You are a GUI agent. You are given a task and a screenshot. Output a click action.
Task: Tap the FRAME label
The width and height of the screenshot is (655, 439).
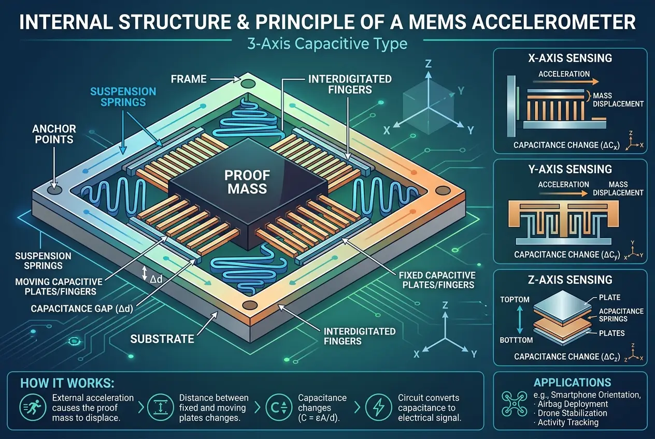pos(189,79)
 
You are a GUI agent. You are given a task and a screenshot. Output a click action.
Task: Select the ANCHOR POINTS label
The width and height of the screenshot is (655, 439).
pos(54,134)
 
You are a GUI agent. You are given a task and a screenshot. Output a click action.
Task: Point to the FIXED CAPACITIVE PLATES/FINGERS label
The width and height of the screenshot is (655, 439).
pos(437,280)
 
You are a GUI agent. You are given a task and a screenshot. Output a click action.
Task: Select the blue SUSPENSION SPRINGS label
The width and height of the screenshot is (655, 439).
pos(123,97)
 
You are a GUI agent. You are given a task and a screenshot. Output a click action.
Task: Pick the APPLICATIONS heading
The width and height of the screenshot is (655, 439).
pos(572,383)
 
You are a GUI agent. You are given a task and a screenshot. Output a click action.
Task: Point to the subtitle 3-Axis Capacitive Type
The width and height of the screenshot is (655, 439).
pos(326,43)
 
